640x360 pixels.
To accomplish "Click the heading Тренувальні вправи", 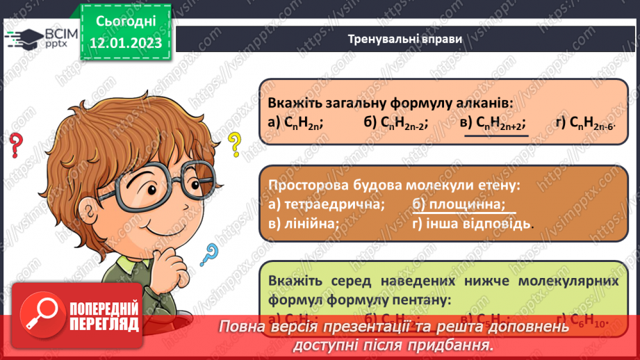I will pyautogui.click(x=405, y=39).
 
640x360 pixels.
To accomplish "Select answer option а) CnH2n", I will pyautogui.click(x=295, y=122).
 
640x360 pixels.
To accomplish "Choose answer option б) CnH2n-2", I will pyautogui.click(x=395, y=122).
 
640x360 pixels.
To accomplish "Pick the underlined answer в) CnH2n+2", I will pyautogui.click(x=493, y=122).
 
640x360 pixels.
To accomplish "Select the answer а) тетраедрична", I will pyautogui.click(x=325, y=204).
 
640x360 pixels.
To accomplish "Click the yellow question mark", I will pyautogui.click(x=236, y=145).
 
